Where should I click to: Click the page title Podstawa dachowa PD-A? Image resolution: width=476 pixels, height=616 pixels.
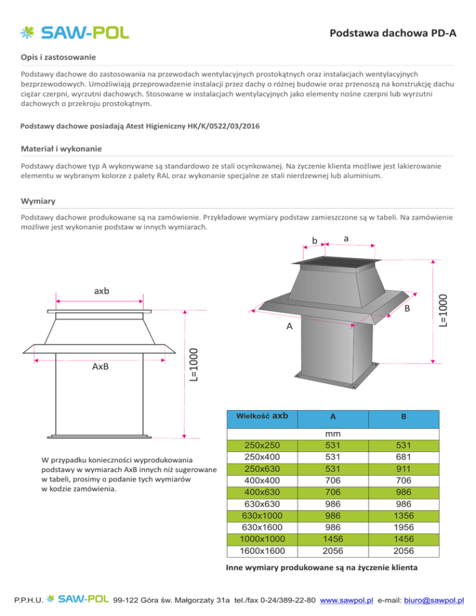pyautogui.click(x=393, y=33)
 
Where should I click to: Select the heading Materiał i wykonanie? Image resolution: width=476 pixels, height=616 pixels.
pyautogui.click(x=61, y=149)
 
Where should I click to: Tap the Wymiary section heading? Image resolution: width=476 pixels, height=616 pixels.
pyautogui.click(x=38, y=201)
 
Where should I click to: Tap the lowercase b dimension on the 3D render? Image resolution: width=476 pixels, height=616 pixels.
pyautogui.click(x=314, y=240)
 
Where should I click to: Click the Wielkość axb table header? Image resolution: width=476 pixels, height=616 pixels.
pyautogui.click(x=269, y=416)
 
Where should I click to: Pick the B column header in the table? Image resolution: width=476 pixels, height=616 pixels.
pyautogui.click(x=403, y=417)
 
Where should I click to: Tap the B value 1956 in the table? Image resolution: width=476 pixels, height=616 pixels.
pyautogui.click(x=403, y=527)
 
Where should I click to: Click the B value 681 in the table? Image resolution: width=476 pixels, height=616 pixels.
pyautogui.click(x=403, y=457)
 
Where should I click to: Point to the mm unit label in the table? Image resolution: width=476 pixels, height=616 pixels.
pyautogui.click(x=333, y=434)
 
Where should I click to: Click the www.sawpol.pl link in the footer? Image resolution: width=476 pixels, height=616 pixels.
pyautogui.click(x=349, y=601)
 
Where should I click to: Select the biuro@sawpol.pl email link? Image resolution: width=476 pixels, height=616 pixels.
pyautogui.click(x=434, y=601)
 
